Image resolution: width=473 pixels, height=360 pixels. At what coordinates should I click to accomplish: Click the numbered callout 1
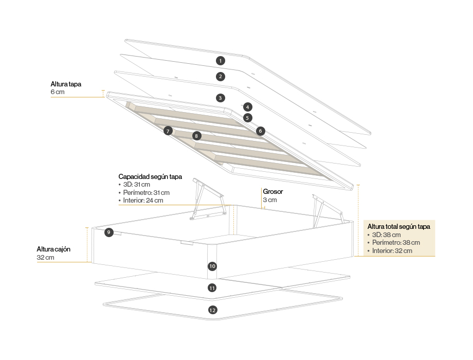(220, 61)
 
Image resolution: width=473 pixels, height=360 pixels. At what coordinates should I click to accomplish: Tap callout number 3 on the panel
(220, 97)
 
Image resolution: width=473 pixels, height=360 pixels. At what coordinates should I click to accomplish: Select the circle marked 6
(261, 131)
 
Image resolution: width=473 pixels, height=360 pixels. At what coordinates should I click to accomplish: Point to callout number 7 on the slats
(168, 131)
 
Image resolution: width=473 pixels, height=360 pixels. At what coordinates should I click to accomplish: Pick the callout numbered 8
(196, 136)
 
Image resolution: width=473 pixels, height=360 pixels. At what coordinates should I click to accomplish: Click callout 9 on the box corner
(108, 232)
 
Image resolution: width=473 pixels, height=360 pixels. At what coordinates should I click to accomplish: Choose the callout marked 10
(212, 266)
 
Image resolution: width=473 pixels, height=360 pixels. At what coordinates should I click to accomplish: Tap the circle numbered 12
(212, 310)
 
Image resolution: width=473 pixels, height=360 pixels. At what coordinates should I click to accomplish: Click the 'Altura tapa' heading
(66, 84)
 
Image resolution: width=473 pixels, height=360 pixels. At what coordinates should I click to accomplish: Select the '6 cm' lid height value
(58, 92)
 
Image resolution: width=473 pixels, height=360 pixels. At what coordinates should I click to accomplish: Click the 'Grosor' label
(273, 192)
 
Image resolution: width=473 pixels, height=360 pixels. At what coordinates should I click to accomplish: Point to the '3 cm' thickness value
(270, 200)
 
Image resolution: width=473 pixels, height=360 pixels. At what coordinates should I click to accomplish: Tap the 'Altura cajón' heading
(53, 249)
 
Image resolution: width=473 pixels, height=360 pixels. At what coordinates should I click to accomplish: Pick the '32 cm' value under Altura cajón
(46, 257)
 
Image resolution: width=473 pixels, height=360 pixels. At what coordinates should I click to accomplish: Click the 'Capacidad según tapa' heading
(150, 176)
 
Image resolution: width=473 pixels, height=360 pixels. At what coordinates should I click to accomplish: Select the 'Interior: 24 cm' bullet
(143, 200)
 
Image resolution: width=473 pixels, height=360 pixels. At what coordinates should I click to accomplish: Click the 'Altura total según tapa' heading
(398, 226)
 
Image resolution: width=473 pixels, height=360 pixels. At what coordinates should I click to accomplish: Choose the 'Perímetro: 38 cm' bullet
(396, 243)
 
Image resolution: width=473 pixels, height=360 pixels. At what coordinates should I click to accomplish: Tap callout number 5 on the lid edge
(248, 118)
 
